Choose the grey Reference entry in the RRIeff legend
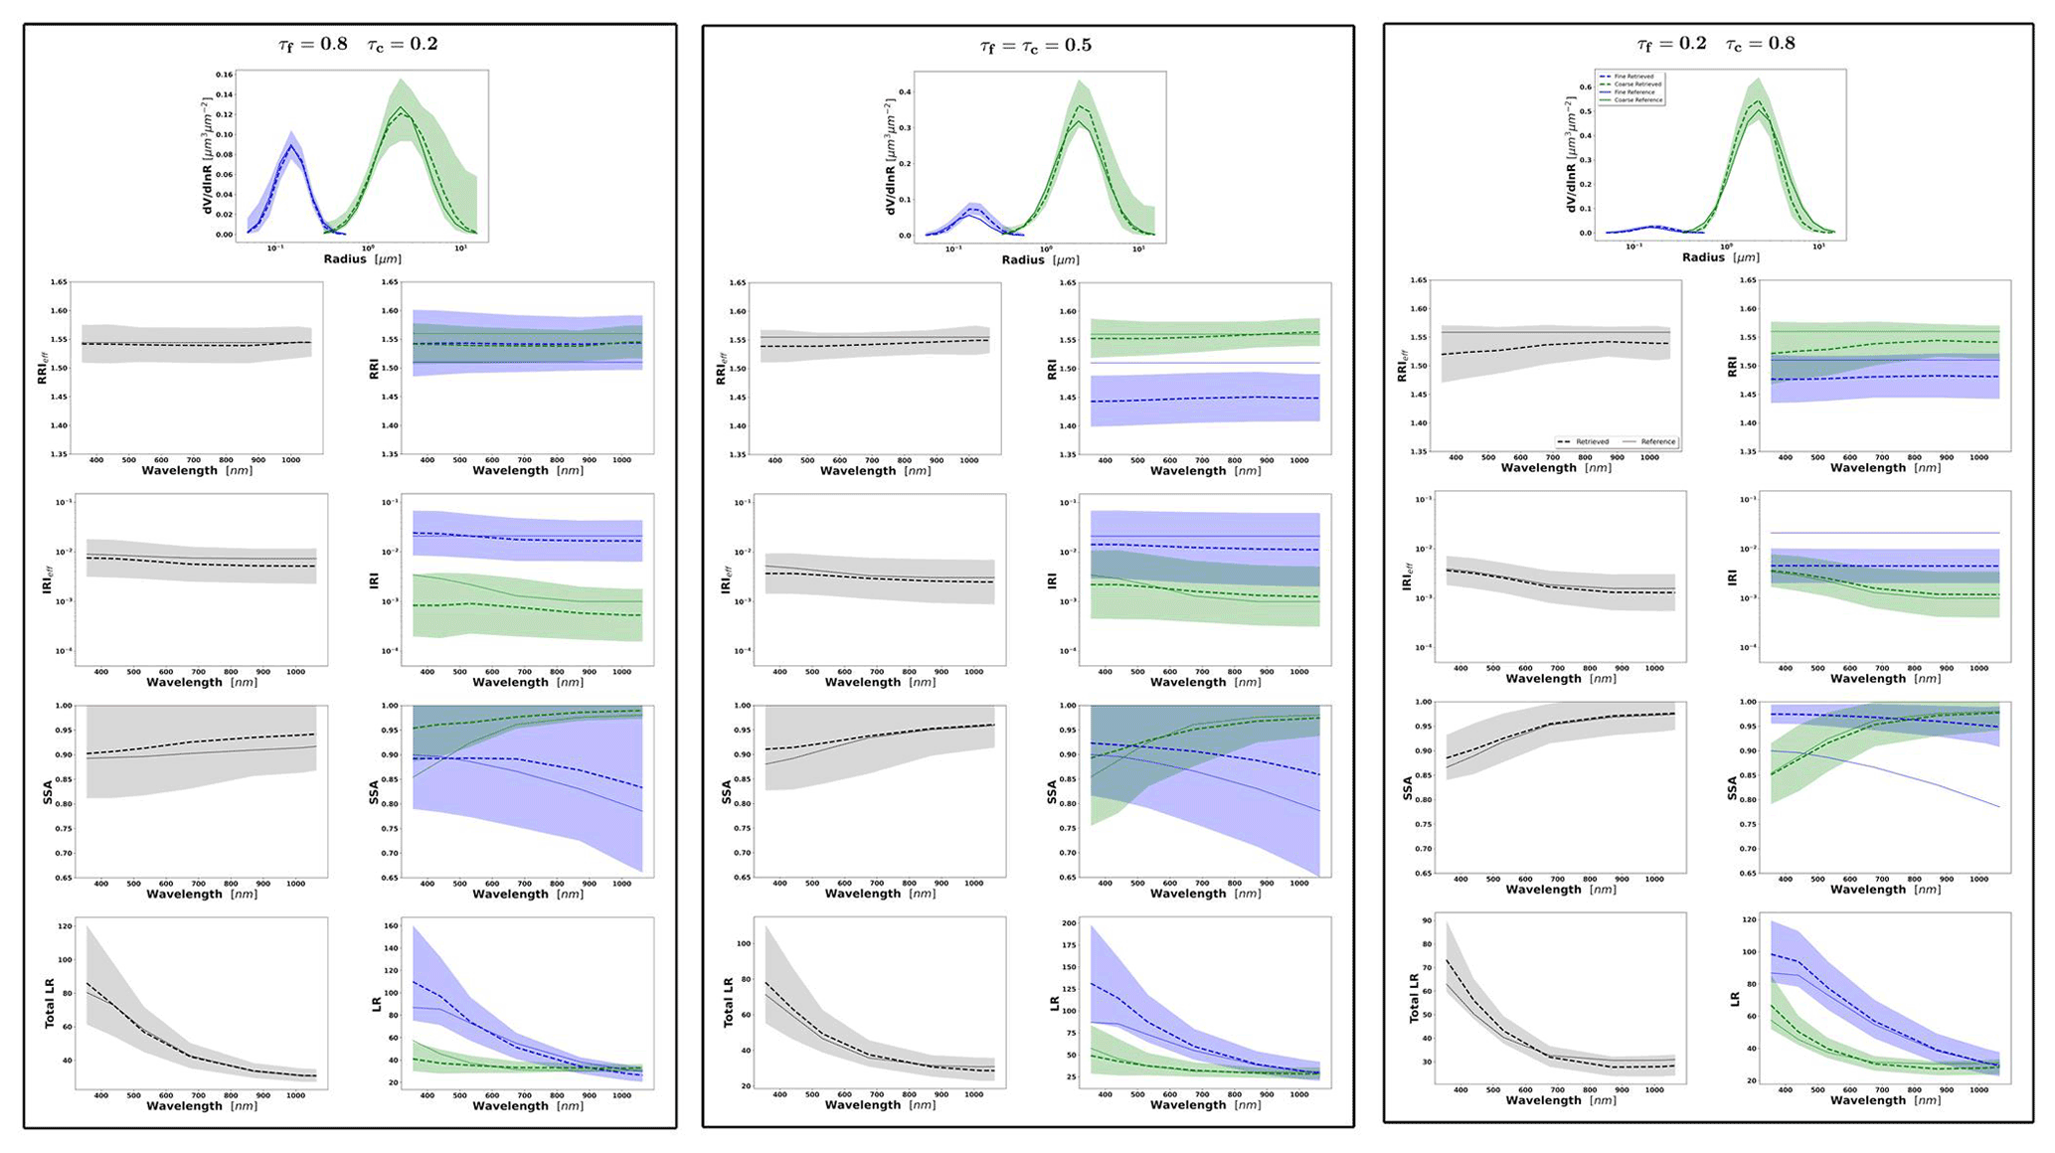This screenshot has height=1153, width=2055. click(x=1649, y=441)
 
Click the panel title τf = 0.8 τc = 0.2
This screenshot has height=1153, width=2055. click(x=358, y=44)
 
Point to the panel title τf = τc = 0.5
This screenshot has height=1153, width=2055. click(x=1035, y=45)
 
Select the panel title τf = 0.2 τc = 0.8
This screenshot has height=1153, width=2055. click(x=1716, y=44)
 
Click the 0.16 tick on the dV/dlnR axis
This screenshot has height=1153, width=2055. click(x=225, y=76)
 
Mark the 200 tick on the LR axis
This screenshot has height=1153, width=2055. click(x=1069, y=923)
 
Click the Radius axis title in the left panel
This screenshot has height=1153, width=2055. click(x=362, y=259)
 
